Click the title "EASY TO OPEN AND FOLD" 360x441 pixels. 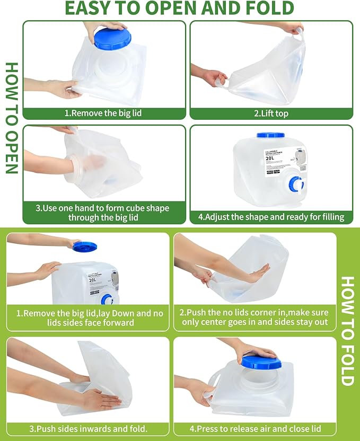click(x=179, y=8)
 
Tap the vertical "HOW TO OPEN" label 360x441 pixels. click(x=12, y=118)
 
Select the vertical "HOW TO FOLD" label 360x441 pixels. click(x=347, y=331)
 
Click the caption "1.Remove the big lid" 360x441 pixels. click(x=103, y=113)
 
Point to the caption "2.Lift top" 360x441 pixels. click(x=271, y=113)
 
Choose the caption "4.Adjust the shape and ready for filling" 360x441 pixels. click(x=271, y=217)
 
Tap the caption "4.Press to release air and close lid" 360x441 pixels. click(x=254, y=428)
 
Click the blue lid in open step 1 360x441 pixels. click(x=110, y=39)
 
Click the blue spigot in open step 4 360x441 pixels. click(x=296, y=183)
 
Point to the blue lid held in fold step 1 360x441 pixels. click(x=85, y=246)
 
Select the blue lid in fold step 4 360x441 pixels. click(x=259, y=362)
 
